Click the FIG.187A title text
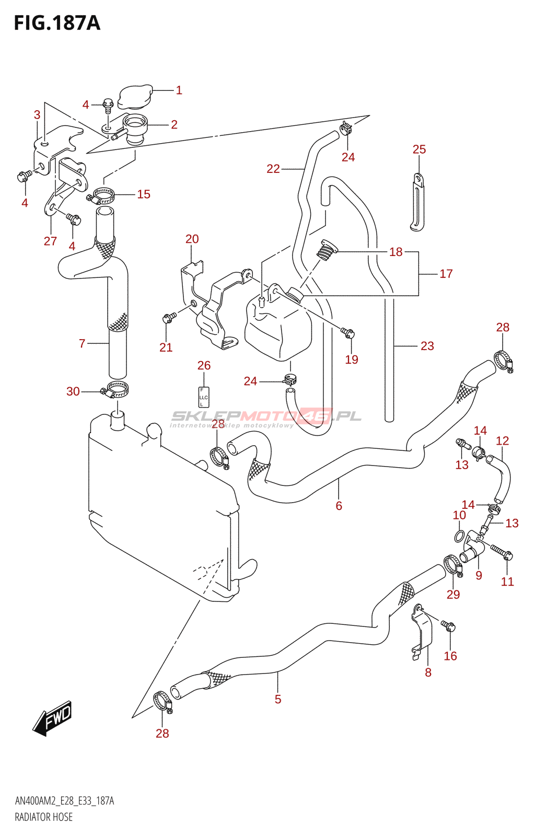tap(57, 23)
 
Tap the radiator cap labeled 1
tap(135, 96)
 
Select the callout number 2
tap(174, 124)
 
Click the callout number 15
tap(144, 194)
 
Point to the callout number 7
tap(82, 343)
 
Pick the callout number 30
tap(73, 391)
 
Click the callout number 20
tap(192, 239)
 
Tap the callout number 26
tap(204, 365)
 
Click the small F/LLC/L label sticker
tap(203, 397)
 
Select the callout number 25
tap(420, 149)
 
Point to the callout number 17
tap(446, 274)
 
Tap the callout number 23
tap(427, 346)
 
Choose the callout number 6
tap(339, 506)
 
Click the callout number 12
tap(503, 441)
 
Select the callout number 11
tap(507, 581)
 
